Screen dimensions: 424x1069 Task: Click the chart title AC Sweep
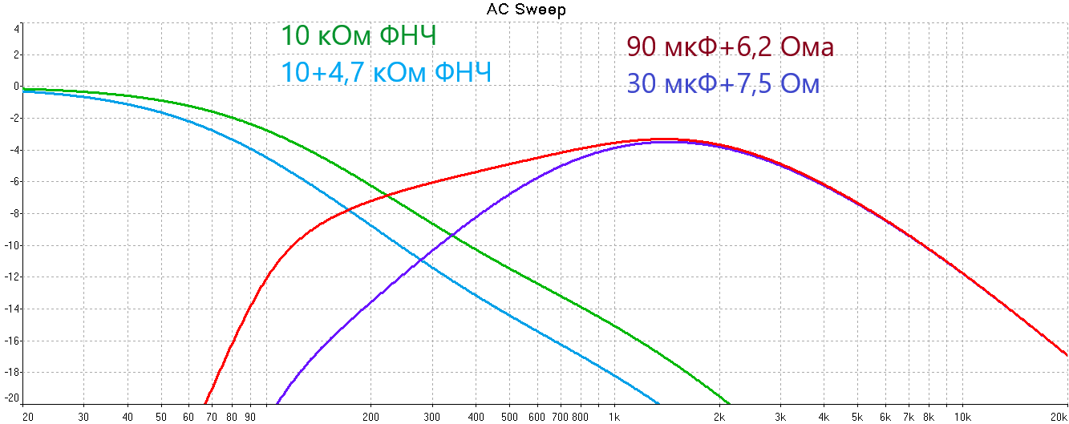(526, 10)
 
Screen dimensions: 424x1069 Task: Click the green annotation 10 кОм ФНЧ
(358, 37)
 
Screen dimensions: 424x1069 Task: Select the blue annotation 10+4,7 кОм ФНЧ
(386, 73)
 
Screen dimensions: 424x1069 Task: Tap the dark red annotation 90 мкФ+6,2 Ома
(731, 47)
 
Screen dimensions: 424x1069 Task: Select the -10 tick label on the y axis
(13, 245)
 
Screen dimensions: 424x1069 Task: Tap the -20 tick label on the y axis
(13, 398)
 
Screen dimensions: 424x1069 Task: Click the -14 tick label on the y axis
(13, 309)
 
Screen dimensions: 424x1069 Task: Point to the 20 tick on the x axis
(27, 417)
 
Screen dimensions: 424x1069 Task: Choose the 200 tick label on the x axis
(371, 417)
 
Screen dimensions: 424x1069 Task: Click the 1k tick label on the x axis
(614, 417)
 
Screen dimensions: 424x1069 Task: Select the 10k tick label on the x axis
(963, 417)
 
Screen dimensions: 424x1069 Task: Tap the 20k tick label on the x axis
(1059, 417)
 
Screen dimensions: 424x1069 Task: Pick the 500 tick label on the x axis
(508, 417)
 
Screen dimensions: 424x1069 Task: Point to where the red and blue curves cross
(348, 211)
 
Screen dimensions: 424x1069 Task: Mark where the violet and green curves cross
(452, 236)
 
